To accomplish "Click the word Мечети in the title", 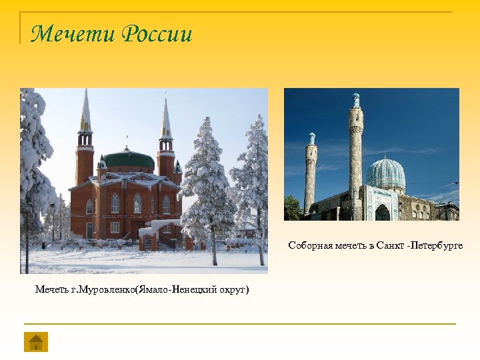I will click(x=72, y=33).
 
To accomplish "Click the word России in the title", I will click(x=157, y=33).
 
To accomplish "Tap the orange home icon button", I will click(x=36, y=342).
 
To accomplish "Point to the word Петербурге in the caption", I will click(x=437, y=246).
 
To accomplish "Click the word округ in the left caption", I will click(x=230, y=290).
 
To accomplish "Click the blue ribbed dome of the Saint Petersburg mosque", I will click(x=385, y=173).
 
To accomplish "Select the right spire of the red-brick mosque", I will click(x=165, y=120).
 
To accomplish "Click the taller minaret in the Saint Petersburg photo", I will click(x=356, y=153).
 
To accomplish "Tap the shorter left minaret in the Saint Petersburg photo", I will click(x=311, y=177).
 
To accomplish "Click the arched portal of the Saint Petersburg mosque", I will click(x=382, y=211).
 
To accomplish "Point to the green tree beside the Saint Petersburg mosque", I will click(x=292, y=207).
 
